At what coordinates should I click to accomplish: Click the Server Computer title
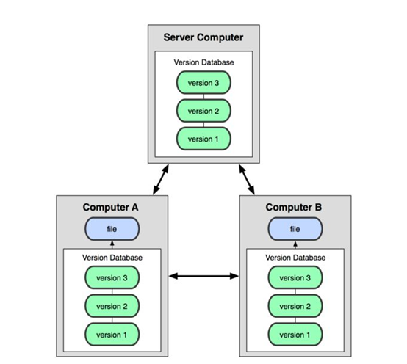point(203,37)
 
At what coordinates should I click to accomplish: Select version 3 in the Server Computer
point(203,84)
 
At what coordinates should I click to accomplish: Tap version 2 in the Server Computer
point(203,111)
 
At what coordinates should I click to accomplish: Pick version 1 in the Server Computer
point(203,138)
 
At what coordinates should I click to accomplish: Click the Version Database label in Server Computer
point(203,62)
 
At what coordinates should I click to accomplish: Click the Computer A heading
point(112,207)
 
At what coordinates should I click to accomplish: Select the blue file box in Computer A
point(112,229)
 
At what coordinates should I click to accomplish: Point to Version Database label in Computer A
point(112,258)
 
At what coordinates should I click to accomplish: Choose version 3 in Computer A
point(112,278)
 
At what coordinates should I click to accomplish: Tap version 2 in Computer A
point(112,305)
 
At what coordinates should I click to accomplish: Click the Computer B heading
point(295,207)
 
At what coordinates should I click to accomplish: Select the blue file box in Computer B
point(295,229)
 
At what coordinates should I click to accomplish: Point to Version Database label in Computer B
point(295,258)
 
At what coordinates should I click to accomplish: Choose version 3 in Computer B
point(295,278)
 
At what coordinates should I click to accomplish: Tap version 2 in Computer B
point(295,305)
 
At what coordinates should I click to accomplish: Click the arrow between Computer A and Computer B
point(203,277)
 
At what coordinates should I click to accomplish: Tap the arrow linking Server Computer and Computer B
point(248,179)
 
